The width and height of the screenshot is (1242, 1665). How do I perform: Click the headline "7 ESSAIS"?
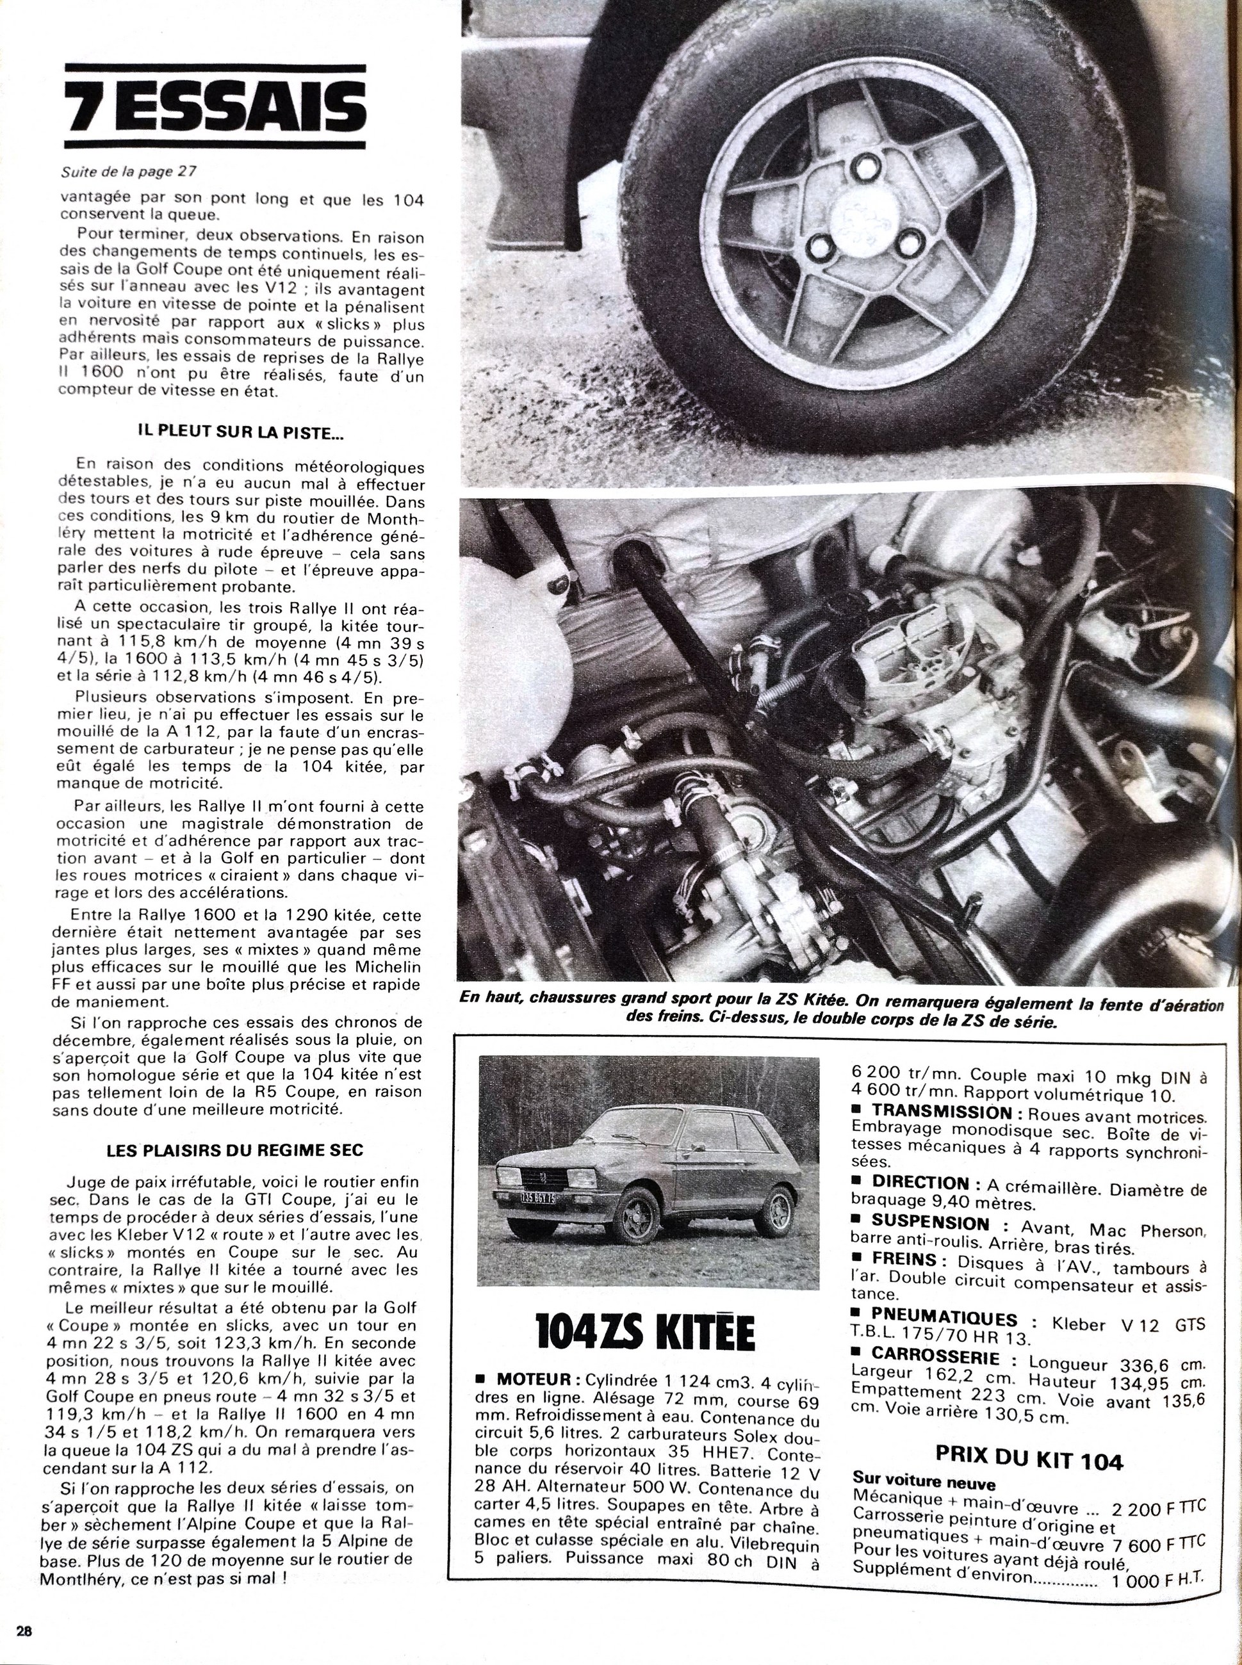[216, 108]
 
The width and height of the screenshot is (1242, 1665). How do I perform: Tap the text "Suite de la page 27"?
[129, 172]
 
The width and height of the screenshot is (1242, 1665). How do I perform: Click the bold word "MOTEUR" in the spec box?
[535, 1380]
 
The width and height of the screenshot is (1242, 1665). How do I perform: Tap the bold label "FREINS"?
[904, 1259]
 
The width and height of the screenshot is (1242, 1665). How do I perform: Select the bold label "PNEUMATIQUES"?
[944, 1319]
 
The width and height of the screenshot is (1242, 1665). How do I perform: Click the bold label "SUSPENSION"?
[930, 1223]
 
